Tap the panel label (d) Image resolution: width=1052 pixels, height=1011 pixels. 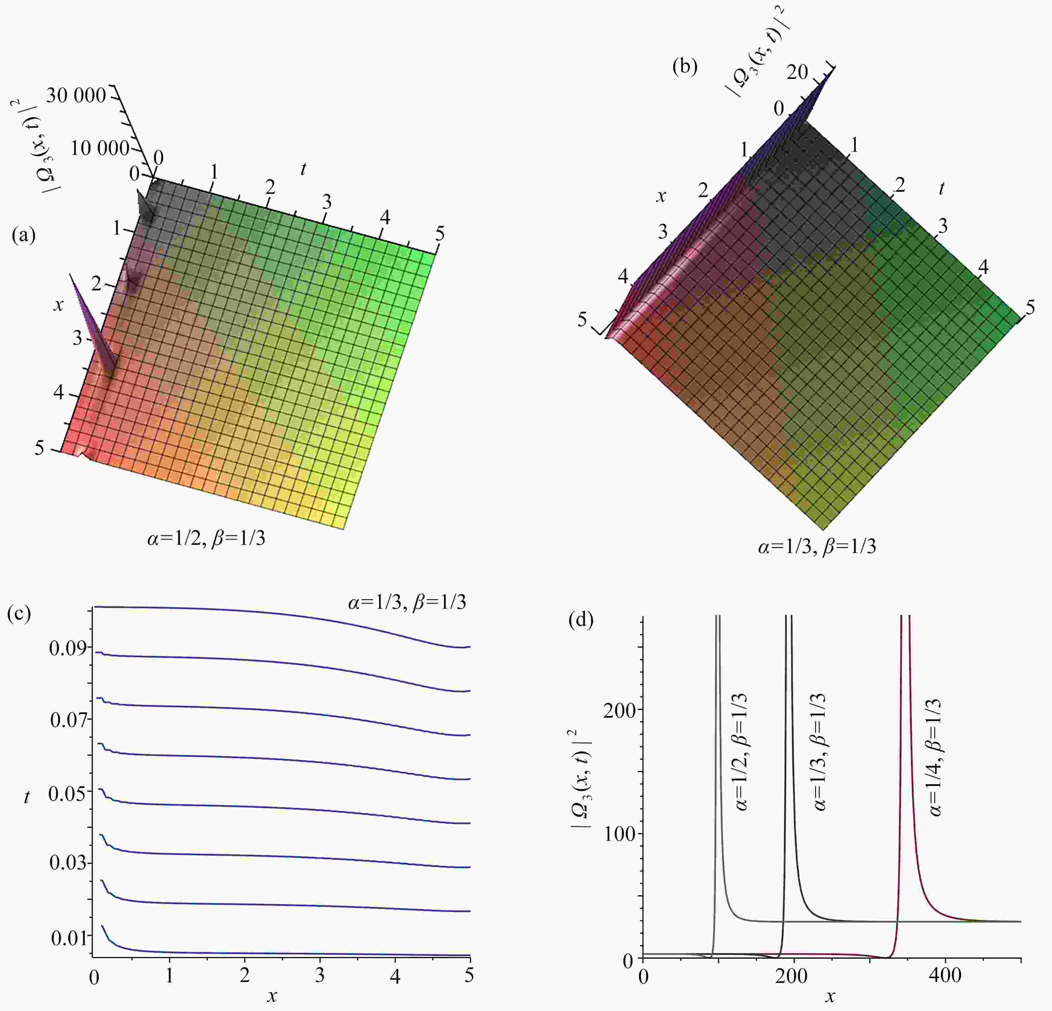(x=581, y=621)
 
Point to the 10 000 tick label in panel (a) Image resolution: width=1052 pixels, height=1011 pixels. (x=100, y=148)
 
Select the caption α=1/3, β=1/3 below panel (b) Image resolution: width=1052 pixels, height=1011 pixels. (x=817, y=546)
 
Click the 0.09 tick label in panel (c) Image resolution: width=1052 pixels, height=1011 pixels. (x=68, y=648)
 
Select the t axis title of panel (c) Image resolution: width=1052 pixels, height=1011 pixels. (x=27, y=797)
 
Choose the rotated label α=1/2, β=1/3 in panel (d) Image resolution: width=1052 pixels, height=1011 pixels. (x=741, y=752)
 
